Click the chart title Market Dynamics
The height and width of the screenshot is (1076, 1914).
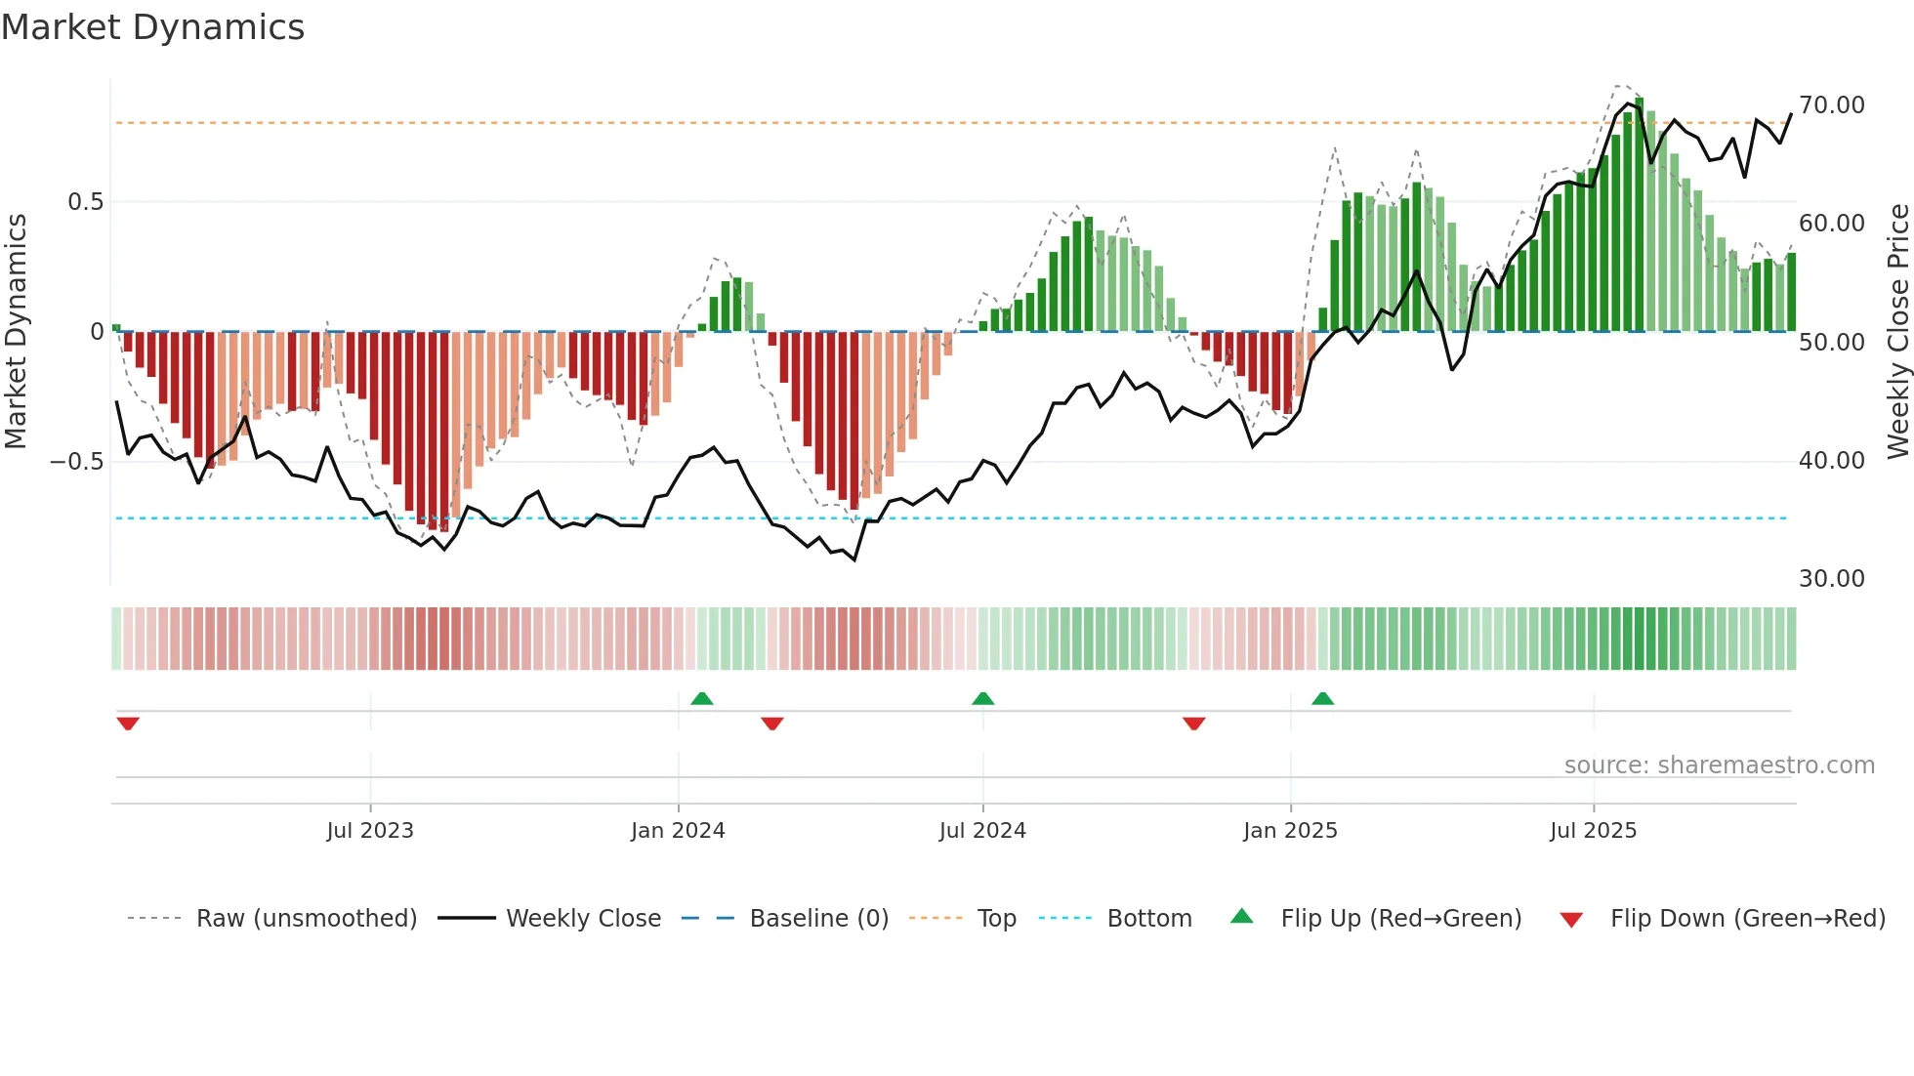coord(152,27)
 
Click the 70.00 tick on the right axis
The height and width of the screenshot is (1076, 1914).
coord(1831,105)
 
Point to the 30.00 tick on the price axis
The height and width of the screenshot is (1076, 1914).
coord(1831,579)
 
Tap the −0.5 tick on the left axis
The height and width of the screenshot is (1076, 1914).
coord(76,461)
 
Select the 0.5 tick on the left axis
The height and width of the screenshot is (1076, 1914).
coord(85,202)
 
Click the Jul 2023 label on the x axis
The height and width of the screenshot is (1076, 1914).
coord(370,831)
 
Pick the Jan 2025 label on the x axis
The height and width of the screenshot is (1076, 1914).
coord(1290,831)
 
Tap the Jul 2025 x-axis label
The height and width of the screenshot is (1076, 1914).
coord(1593,831)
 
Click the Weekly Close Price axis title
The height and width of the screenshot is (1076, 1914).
coord(1897,332)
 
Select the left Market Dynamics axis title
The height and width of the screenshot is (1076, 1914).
coord(16,332)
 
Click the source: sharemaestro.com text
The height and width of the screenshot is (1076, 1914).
coord(1719,766)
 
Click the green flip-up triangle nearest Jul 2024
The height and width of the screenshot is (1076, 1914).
coord(983,699)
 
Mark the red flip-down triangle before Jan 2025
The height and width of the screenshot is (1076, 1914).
coord(1193,724)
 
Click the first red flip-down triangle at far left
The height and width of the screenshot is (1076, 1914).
coord(128,724)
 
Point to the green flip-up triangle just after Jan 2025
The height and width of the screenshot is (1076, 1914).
coord(1322,699)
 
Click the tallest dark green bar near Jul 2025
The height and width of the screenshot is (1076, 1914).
coord(1640,215)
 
